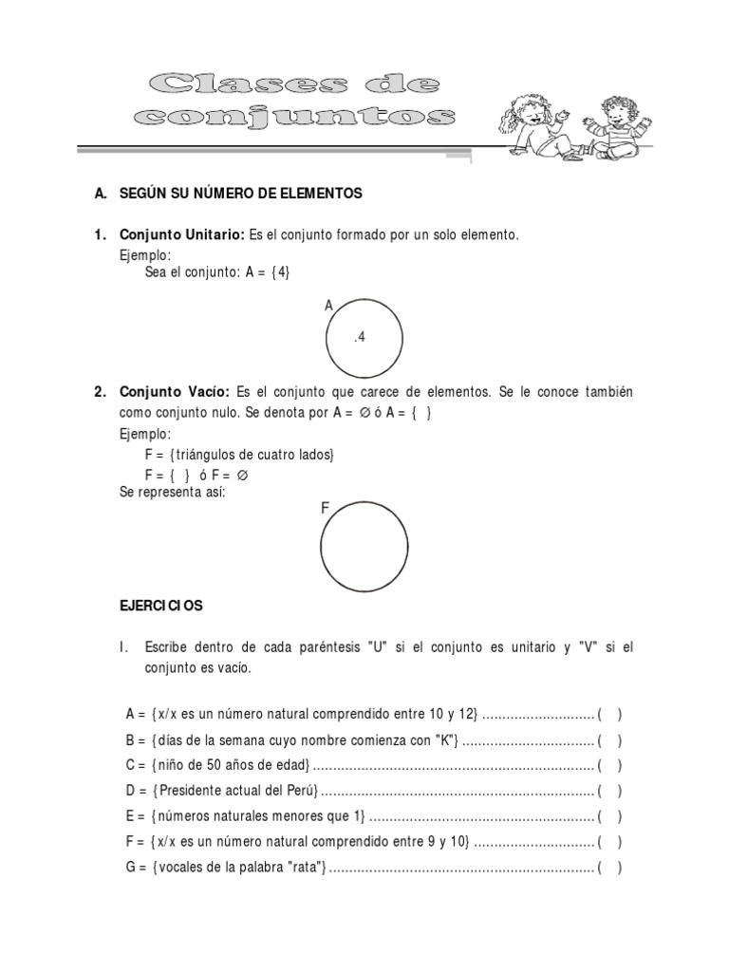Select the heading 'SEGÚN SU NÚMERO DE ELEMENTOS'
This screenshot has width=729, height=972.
pos(240,194)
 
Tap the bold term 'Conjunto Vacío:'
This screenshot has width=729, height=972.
pos(174,392)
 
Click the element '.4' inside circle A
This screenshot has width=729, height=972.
pos(360,338)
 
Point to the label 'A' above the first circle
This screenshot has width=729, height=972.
pos(329,305)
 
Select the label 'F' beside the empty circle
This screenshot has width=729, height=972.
pos(325,509)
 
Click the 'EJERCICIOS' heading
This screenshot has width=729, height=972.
pos(160,605)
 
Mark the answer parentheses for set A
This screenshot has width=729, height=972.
pos(609,714)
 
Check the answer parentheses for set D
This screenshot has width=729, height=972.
pos(609,791)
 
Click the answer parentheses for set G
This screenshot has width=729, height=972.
pos(609,868)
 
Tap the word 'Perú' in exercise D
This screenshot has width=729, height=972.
pos(302,791)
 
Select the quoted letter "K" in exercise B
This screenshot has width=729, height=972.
pos(446,739)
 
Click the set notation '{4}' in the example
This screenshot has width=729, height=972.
pos(280,272)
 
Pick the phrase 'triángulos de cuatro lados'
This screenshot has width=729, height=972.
pos(254,455)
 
